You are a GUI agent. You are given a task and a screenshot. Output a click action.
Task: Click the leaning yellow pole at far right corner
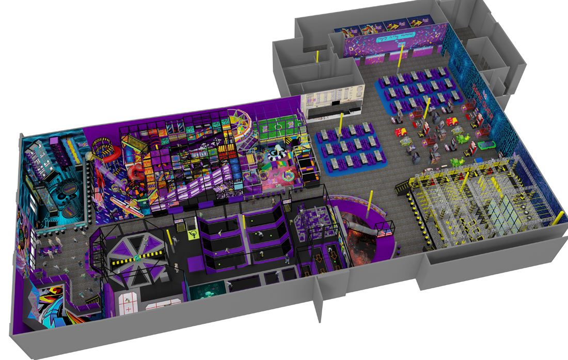558,217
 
